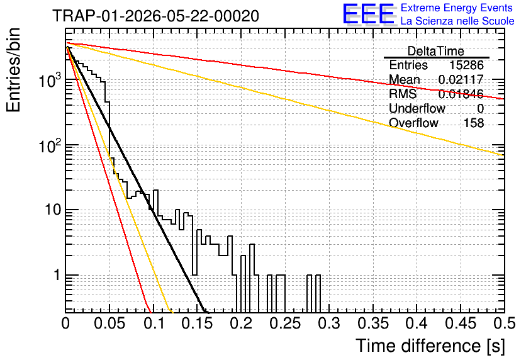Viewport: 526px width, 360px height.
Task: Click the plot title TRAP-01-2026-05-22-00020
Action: pyautogui.click(x=155, y=16)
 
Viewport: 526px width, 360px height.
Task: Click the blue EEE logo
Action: pyautogui.click(x=368, y=14)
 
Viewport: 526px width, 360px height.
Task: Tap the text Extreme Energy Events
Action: pyautogui.click(x=457, y=8)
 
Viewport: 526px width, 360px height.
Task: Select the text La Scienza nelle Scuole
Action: pyautogui.click(x=457, y=21)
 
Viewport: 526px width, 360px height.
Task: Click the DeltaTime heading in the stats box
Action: pyautogui.click(x=435, y=51)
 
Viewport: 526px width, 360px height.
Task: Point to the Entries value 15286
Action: pyautogui.click(x=466, y=65)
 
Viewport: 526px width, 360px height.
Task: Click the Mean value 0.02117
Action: pyautogui.click(x=461, y=79)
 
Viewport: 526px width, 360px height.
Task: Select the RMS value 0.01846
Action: pyautogui.click(x=461, y=94)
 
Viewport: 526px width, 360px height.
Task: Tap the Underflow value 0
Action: pyautogui.click(x=480, y=108)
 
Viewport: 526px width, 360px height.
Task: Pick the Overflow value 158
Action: pyautogui.click(x=474, y=123)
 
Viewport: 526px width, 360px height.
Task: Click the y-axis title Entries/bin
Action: pyautogui.click(x=13, y=70)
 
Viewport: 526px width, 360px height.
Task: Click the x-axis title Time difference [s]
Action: pyautogui.click(x=430, y=346)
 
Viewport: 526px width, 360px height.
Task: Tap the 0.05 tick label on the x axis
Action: pyautogui.click(x=109, y=323)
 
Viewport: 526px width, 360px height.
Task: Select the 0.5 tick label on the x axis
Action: pyautogui.click(x=504, y=323)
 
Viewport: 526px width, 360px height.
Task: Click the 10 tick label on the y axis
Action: pyautogui.click(x=53, y=210)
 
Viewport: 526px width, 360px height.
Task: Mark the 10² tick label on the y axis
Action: pyautogui.click(x=49, y=145)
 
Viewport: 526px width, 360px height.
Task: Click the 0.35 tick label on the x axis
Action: pyautogui.click(x=372, y=323)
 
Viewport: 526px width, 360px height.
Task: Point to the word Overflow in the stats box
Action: pyautogui.click(x=413, y=123)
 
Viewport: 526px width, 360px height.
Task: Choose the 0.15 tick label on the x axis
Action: pyautogui.click(x=198, y=323)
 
